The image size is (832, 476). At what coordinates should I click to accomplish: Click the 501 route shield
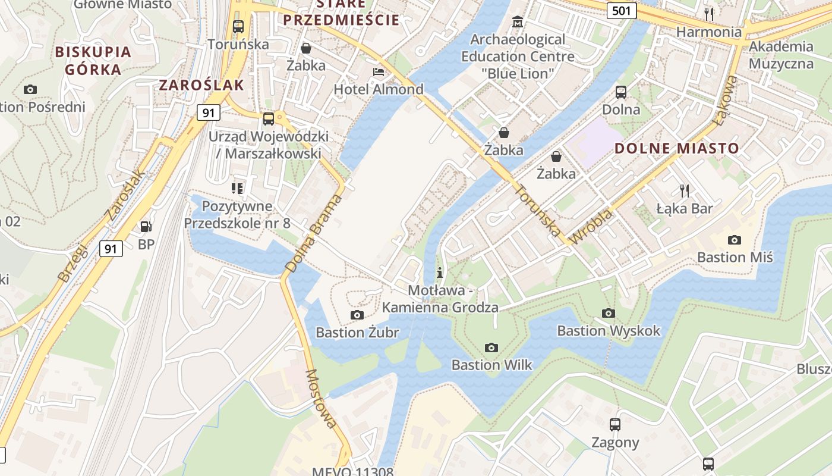[x=622, y=10]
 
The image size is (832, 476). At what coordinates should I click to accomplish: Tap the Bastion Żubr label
[x=357, y=332]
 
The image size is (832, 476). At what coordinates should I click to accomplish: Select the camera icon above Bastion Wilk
[x=491, y=347]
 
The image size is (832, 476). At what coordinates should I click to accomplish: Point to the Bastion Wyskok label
[x=609, y=330]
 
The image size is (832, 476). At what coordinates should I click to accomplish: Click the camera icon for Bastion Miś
[x=735, y=240]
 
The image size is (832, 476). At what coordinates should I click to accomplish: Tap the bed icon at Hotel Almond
[x=378, y=72]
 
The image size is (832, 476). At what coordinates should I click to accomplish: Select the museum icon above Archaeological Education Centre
[x=518, y=22]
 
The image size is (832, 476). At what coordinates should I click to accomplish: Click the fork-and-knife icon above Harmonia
[x=708, y=14]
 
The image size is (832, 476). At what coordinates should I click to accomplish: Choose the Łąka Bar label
[x=685, y=208]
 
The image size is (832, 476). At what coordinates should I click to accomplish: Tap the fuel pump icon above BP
[x=146, y=227]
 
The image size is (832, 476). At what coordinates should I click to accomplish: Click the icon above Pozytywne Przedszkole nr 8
[x=237, y=189]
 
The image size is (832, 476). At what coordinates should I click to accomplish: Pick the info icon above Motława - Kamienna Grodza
[x=440, y=273]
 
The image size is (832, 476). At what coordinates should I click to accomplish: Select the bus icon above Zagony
[x=615, y=425]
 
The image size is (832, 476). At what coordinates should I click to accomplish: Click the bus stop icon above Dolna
[x=621, y=92]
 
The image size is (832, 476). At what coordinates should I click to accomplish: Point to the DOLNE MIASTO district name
[x=677, y=148]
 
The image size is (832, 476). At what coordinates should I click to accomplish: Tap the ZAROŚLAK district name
[x=201, y=84]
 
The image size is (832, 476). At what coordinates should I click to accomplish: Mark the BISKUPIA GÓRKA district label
[x=93, y=60]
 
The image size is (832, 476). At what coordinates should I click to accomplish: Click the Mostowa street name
[x=321, y=398]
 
